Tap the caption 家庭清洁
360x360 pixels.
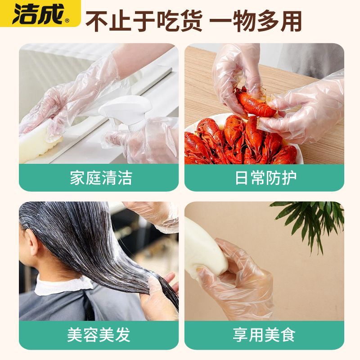point(101,178)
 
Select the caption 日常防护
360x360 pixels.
point(265,178)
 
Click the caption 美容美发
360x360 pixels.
point(99,335)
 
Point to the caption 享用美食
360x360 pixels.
point(264,335)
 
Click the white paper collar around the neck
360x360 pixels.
point(62,285)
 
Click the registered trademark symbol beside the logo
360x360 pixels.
point(67,21)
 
